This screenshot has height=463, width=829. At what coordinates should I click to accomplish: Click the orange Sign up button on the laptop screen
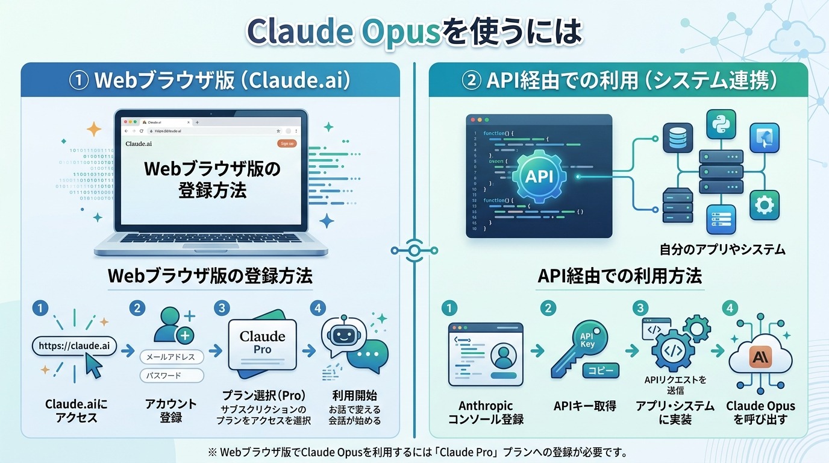coord(287,143)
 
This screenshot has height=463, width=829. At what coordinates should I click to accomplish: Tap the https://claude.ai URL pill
coord(74,346)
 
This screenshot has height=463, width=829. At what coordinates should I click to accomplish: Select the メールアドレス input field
coord(172,357)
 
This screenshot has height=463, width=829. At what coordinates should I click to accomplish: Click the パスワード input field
coord(172,376)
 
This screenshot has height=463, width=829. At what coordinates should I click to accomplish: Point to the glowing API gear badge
coord(539,176)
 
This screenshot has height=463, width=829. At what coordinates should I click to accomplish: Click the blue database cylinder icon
coord(678,138)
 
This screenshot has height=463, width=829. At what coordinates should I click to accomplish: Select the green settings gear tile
coord(764,205)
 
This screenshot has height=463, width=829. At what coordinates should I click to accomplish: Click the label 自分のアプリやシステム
coord(722,249)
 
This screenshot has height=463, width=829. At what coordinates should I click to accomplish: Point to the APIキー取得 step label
coord(584,406)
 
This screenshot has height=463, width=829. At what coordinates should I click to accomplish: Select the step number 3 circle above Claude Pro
coord(222,308)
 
